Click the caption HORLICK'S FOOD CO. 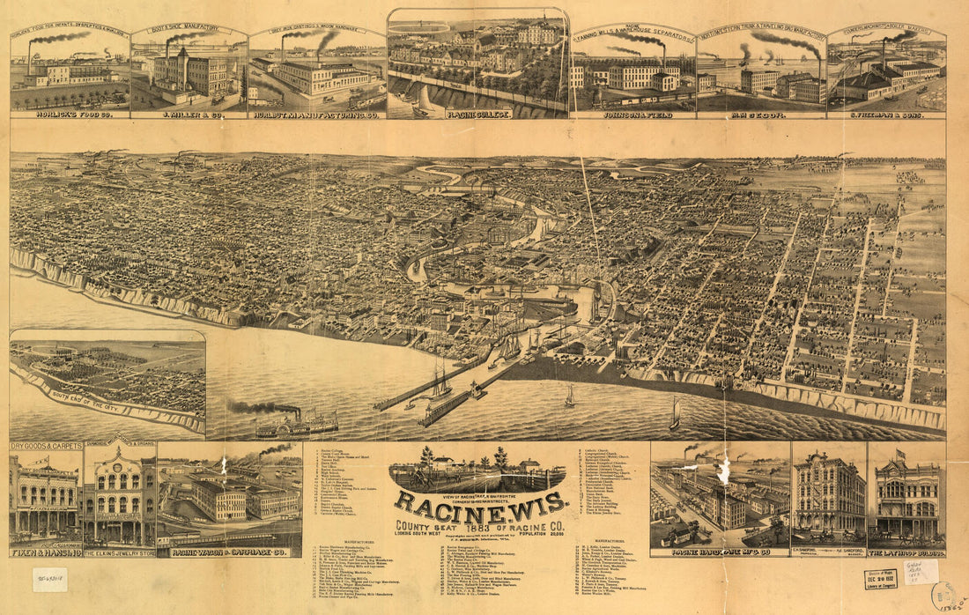(x=70, y=115)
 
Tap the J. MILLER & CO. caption (x=189, y=115)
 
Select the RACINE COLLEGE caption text (x=479, y=115)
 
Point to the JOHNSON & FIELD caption (x=633, y=115)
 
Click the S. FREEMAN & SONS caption (x=887, y=115)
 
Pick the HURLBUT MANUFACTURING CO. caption (x=317, y=115)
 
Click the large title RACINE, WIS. (x=480, y=504)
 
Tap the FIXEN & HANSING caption (x=46, y=552)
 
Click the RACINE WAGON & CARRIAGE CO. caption (x=229, y=552)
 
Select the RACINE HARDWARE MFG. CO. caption (x=720, y=552)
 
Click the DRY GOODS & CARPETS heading (x=46, y=447)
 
